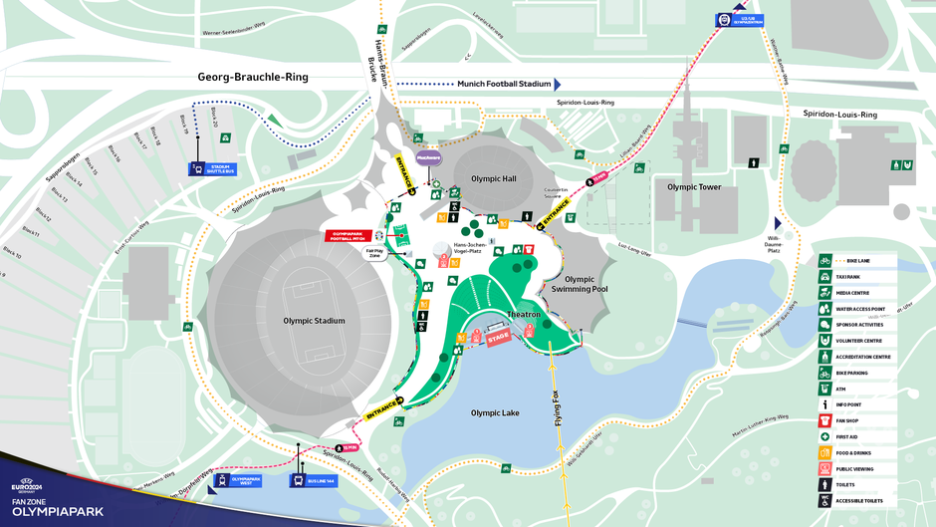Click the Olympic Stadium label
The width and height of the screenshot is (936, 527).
(314, 321)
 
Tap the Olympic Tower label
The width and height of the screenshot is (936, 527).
(694, 186)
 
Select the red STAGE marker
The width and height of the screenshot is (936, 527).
(499, 336)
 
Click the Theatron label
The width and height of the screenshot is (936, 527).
(524, 314)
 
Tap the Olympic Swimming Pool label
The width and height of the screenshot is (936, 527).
(580, 284)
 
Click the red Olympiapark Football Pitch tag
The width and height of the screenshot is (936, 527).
(350, 235)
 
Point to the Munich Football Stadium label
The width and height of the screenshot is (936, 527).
(504, 85)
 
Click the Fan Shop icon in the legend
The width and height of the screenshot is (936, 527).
(825, 420)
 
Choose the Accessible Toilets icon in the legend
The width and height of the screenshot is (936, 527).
(825, 500)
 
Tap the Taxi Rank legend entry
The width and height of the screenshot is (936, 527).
(825, 276)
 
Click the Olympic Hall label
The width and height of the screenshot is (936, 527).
(495, 179)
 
